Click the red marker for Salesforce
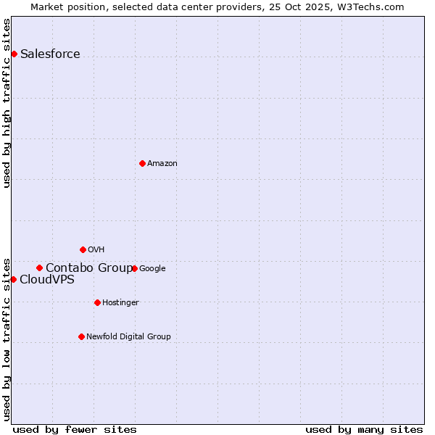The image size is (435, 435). point(14,54)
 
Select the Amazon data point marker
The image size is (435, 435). point(142,163)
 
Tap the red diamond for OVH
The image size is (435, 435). point(83,249)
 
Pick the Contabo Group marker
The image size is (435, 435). point(39,268)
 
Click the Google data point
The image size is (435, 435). point(134,268)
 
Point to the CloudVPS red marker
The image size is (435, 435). point(13,279)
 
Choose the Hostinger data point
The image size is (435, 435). point(97,302)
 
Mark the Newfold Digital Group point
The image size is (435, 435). point(81,336)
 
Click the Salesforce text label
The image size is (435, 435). point(50,54)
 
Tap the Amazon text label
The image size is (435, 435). point(162,164)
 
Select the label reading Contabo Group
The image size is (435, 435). point(89,268)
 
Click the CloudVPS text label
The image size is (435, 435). point(47,280)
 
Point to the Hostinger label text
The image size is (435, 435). point(120,303)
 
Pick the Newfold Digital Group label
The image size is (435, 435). point(128,337)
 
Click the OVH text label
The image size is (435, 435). point(96,250)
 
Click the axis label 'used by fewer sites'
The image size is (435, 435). point(75,429)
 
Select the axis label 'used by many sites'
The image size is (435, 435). point(364,429)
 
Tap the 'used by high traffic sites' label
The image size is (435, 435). point(7,103)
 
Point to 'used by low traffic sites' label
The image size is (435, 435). point(7,339)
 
